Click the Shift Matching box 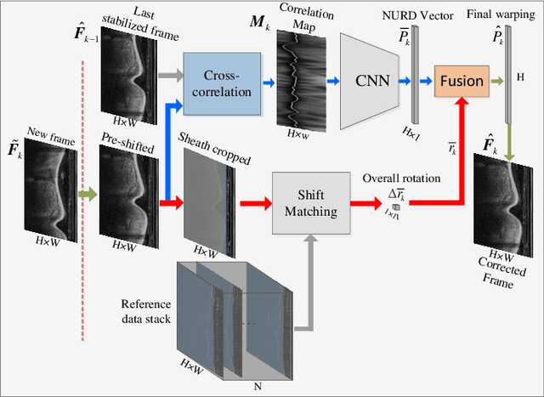point(310,203)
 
